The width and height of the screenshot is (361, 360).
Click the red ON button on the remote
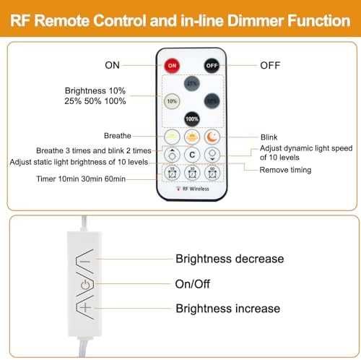coord(172,66)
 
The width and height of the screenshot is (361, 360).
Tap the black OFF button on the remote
coord(212,66)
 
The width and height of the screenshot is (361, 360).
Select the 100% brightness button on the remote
coord(192,119)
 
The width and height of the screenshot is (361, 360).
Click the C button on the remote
coord(192,155)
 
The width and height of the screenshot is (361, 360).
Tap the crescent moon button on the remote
coord(212,137)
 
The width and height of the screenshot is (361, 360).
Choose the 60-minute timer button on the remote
coord(212,173)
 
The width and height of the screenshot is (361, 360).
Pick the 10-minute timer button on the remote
coord(172,173)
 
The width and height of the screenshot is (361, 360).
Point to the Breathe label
coord(118,136)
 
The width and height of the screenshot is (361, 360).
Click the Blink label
coord(269,137)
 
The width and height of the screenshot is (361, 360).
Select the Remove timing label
coord(285,170)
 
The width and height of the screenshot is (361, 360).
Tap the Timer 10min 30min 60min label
coord(81,179)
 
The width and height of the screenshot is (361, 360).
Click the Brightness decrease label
coord(230,259)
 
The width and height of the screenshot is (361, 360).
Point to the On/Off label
coord(193,284)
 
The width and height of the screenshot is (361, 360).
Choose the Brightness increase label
coord(228,309)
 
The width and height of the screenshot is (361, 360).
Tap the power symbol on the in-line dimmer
coord(85,285)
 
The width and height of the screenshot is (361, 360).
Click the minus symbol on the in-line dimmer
coord(85,261)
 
